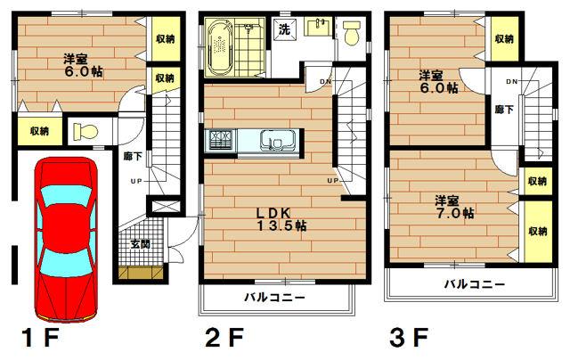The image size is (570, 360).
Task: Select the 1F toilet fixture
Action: click(x=84, y=132)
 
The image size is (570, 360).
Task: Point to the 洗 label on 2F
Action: click(x=284, y=29)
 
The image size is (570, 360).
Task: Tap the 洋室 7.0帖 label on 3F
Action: click(x=453, y=207)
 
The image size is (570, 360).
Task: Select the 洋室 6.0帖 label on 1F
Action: click(x=82, y=66)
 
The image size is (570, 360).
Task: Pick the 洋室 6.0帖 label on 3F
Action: click(x=438, y=81)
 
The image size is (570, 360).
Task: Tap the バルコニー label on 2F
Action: click(x=275, y=297)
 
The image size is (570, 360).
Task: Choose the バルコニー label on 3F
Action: click(x=475, y=284)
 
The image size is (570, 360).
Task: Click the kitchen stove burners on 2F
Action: click(x=220, y=141)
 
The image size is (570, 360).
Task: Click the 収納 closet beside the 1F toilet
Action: click(x=39, y=131)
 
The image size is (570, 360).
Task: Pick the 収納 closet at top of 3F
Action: click(x=503, y=38)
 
